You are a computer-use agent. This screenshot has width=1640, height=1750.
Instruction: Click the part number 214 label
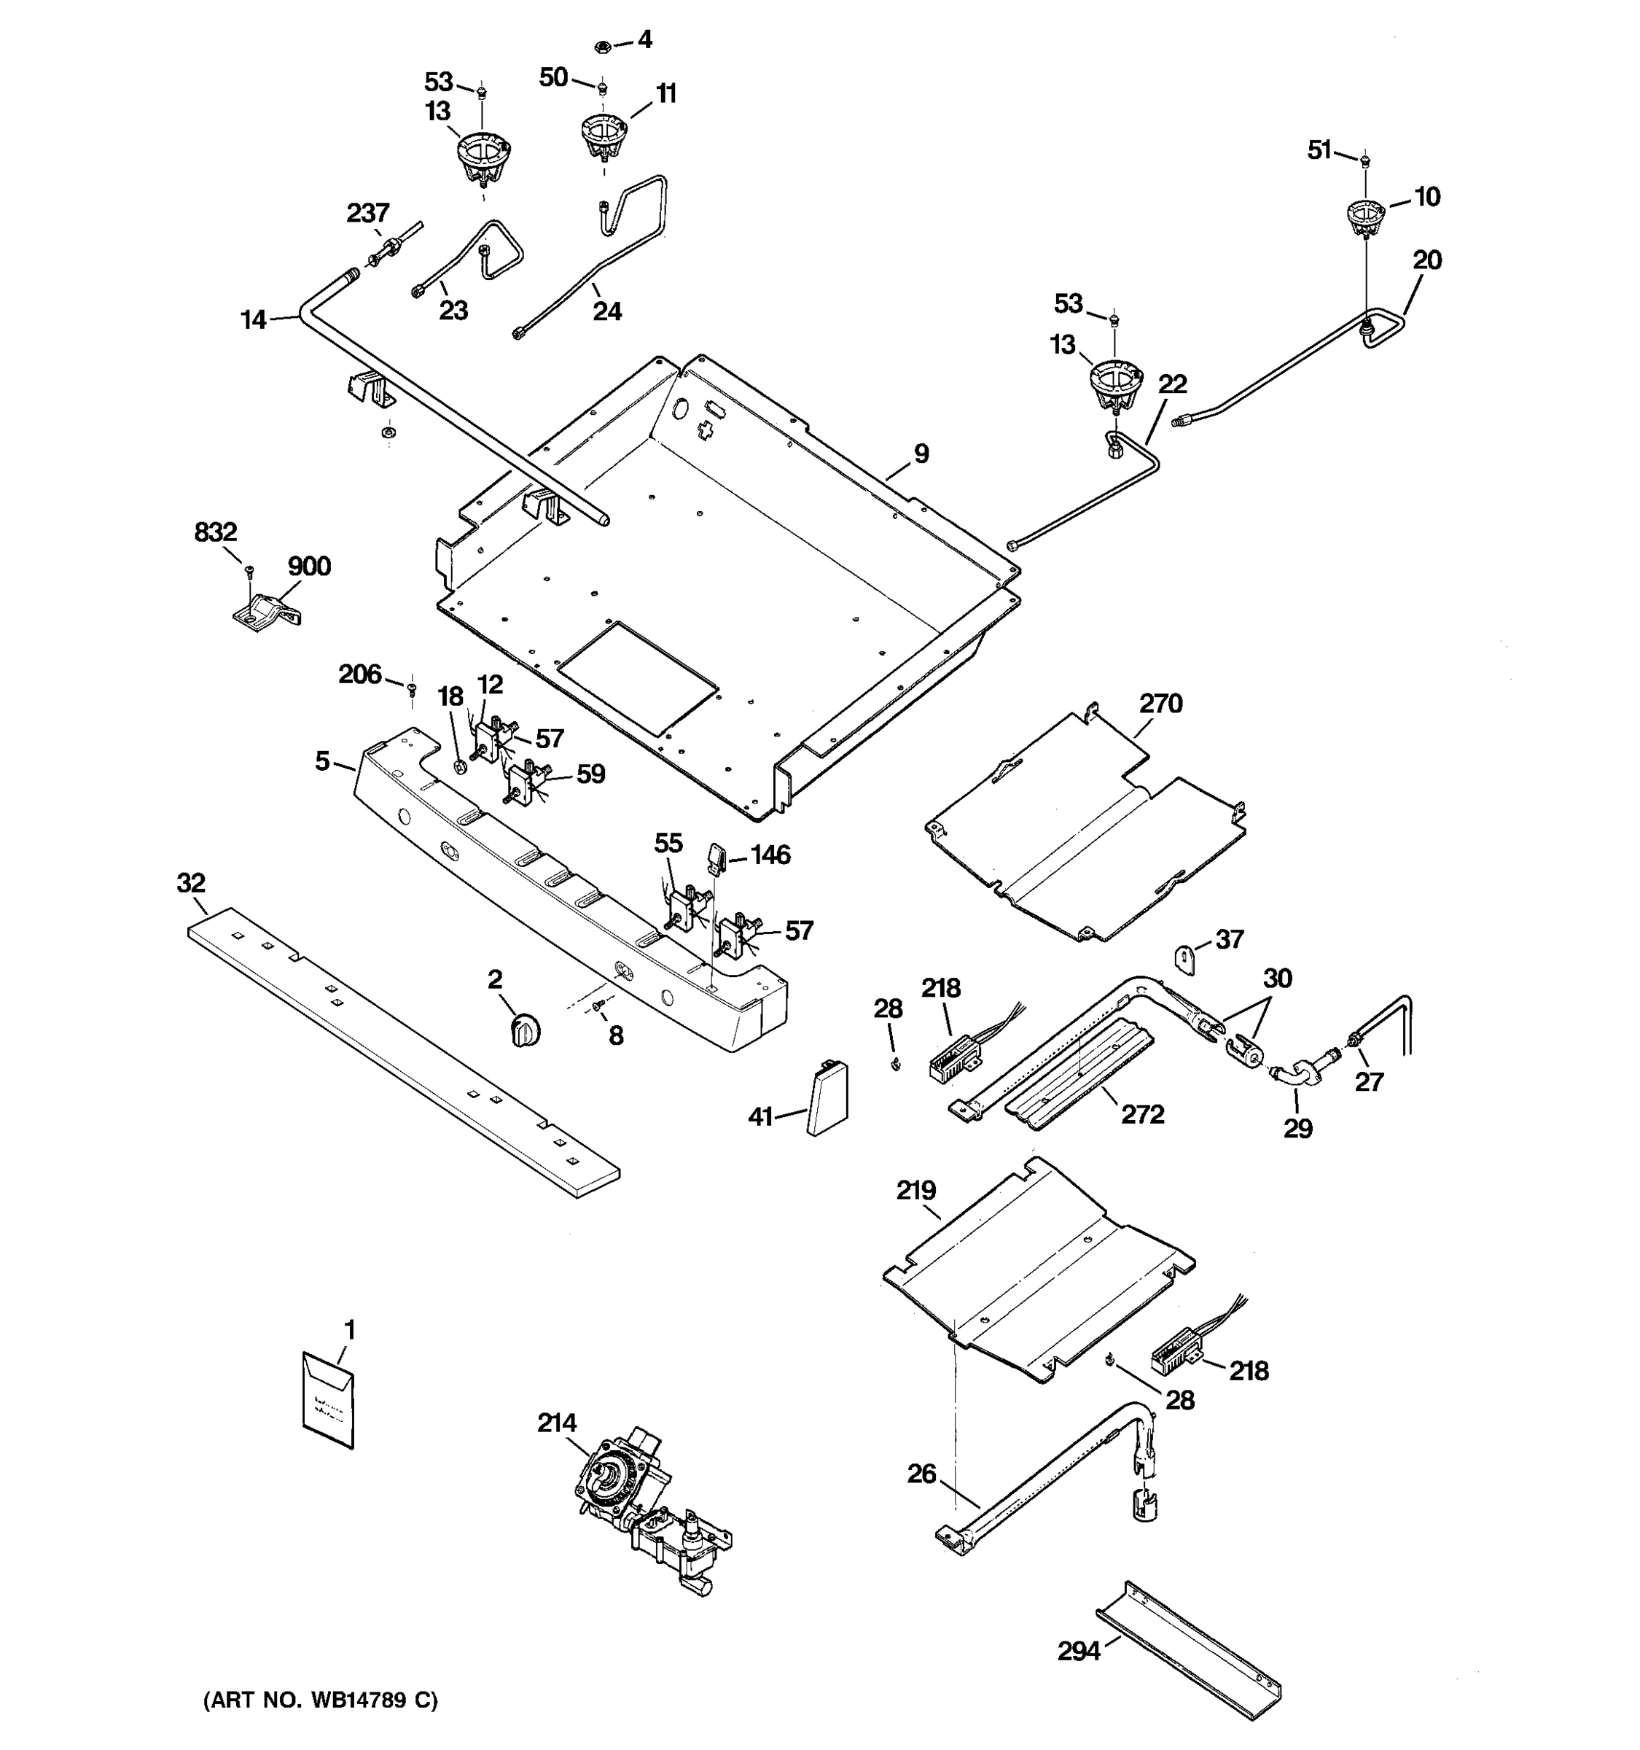tap(557, 1423)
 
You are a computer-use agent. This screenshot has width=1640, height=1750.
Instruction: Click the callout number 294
tap(1079, 1652)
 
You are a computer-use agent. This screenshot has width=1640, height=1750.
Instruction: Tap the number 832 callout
tap(216, 532)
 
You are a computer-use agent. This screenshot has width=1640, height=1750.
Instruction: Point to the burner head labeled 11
tap(603, 137)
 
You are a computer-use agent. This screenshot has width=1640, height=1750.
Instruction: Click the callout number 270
tap(1160, 704)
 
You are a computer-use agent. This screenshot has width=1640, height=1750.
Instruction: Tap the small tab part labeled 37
tap(1187, 957)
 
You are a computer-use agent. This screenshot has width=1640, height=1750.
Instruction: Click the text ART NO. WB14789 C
tap(320, 1700)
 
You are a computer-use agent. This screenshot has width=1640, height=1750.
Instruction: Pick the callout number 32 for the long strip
tap(191, 883)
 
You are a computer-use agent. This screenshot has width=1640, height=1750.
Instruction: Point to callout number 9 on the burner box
tap(921, 454)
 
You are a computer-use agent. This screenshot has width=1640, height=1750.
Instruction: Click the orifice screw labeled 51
tap(1364, 160)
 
